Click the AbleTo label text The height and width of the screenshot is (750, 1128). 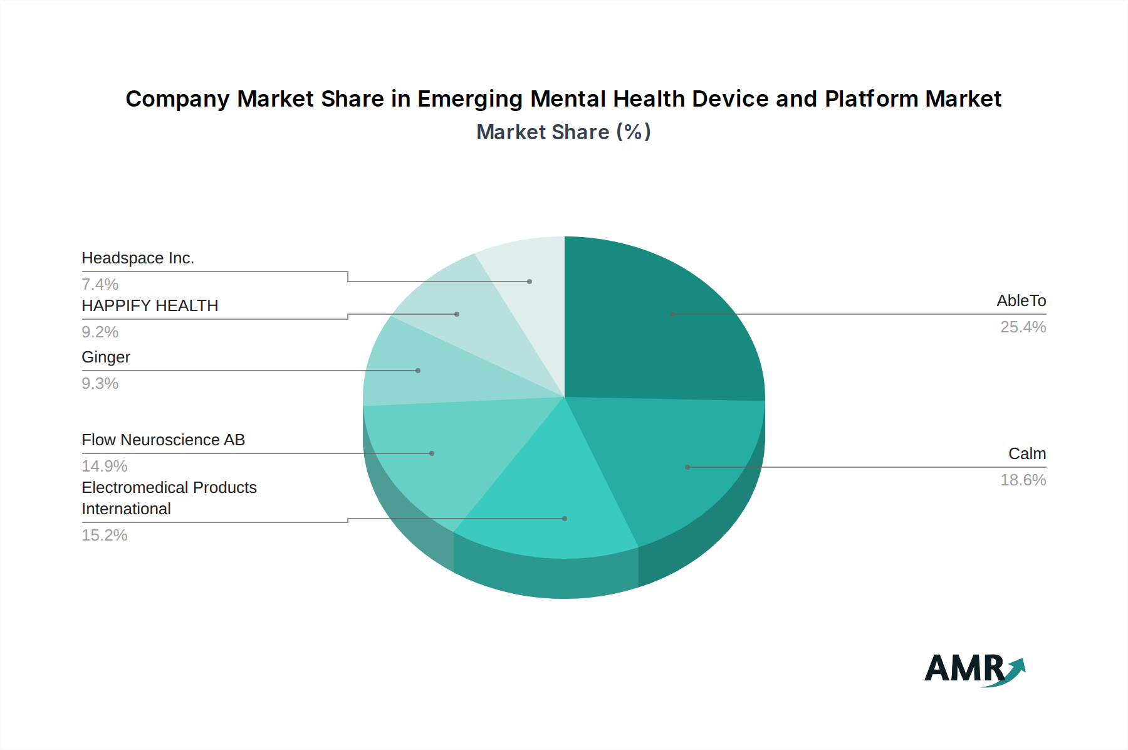click(x=1021, y=301)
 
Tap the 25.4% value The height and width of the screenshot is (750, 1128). click(x=1023, y=327)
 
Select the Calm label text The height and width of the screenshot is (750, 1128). click(x=1026, y=454)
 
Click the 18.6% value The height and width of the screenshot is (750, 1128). click(x=1023, y=480)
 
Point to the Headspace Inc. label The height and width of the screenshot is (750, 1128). click(x=138, y=258)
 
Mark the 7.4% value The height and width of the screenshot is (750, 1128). click(x=100, y=285)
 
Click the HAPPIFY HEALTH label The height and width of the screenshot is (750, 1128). click(x=150, y=306)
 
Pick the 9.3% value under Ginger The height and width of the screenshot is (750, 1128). click(x=100, y=384)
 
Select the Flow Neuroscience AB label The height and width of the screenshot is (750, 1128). click(x=163, y=440)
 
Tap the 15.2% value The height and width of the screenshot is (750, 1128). click(x=105, y=536)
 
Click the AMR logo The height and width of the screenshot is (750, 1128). click(x=974, y=668)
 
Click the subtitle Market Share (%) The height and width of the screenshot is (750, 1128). click(x=563, y=132)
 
